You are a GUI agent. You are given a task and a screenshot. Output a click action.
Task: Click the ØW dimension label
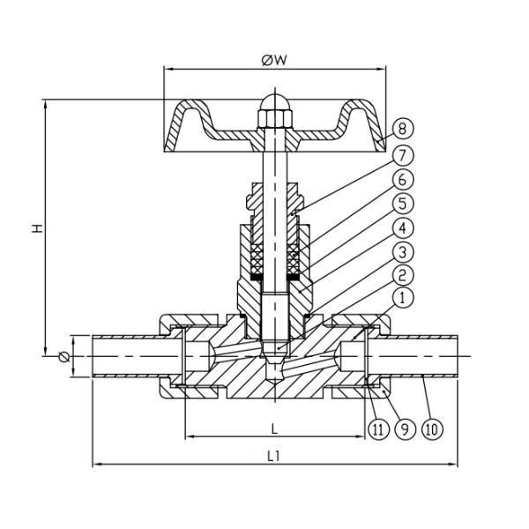(x=272, y=60)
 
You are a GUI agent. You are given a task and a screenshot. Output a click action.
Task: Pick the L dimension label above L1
(x=274, y=428)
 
